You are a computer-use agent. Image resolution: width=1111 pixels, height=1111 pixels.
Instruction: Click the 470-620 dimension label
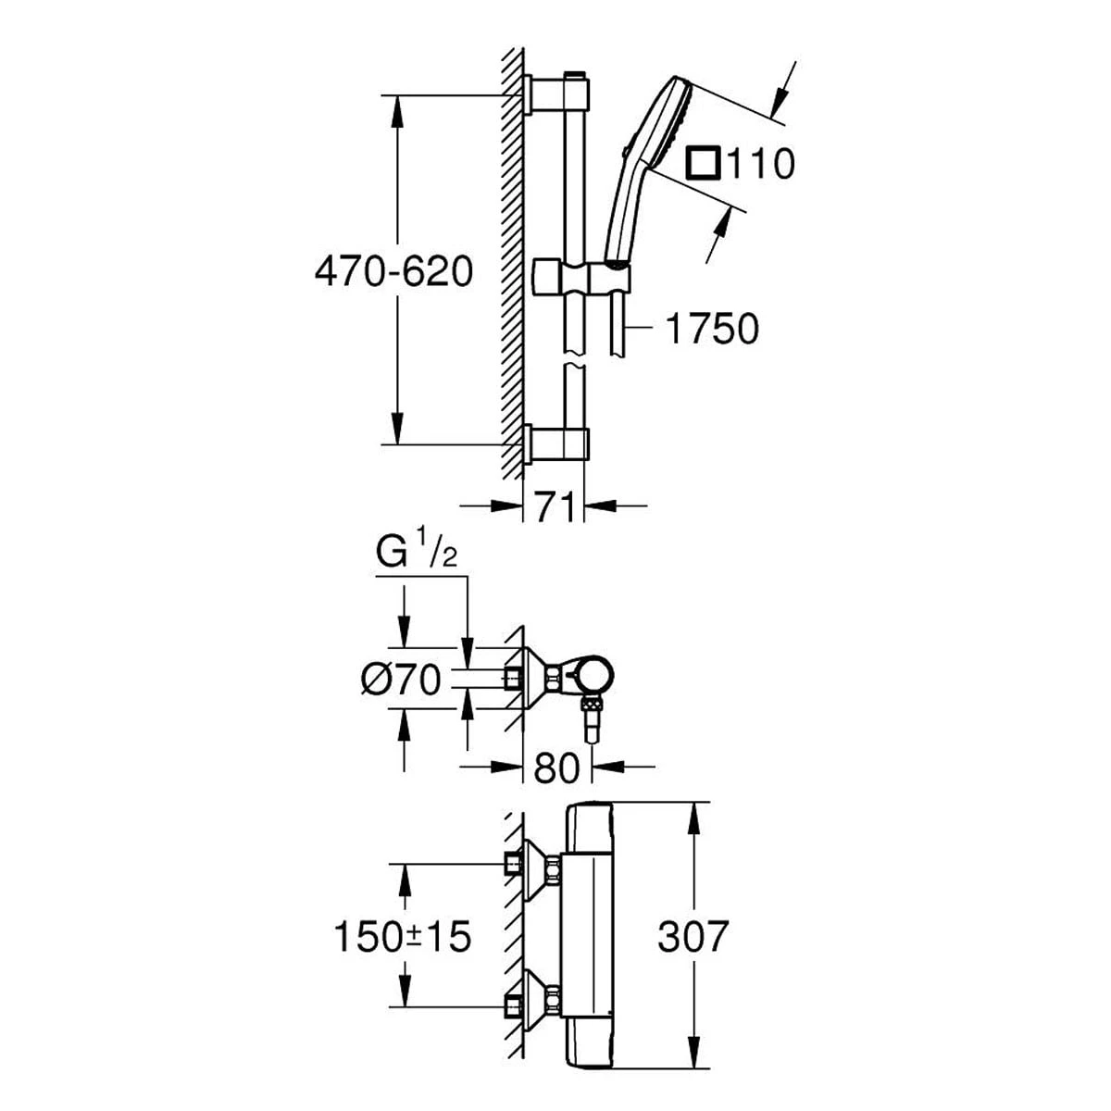tap(393, 272)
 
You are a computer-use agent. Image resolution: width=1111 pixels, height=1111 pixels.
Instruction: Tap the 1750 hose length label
tap(712, 329)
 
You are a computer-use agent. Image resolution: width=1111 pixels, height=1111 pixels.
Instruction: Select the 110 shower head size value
tap(759, 165)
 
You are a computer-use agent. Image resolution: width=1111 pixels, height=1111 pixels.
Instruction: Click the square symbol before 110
tap(702, 164)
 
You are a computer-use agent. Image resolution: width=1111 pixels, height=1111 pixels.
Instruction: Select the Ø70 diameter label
tap(400, 680)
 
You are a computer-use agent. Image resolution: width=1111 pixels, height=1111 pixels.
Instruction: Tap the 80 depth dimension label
tap(556, 768)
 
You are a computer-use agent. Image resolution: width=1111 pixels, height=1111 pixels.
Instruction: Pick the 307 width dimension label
tap(693, 937)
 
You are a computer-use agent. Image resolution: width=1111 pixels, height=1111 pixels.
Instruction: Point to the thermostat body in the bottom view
tap(590, 937)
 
